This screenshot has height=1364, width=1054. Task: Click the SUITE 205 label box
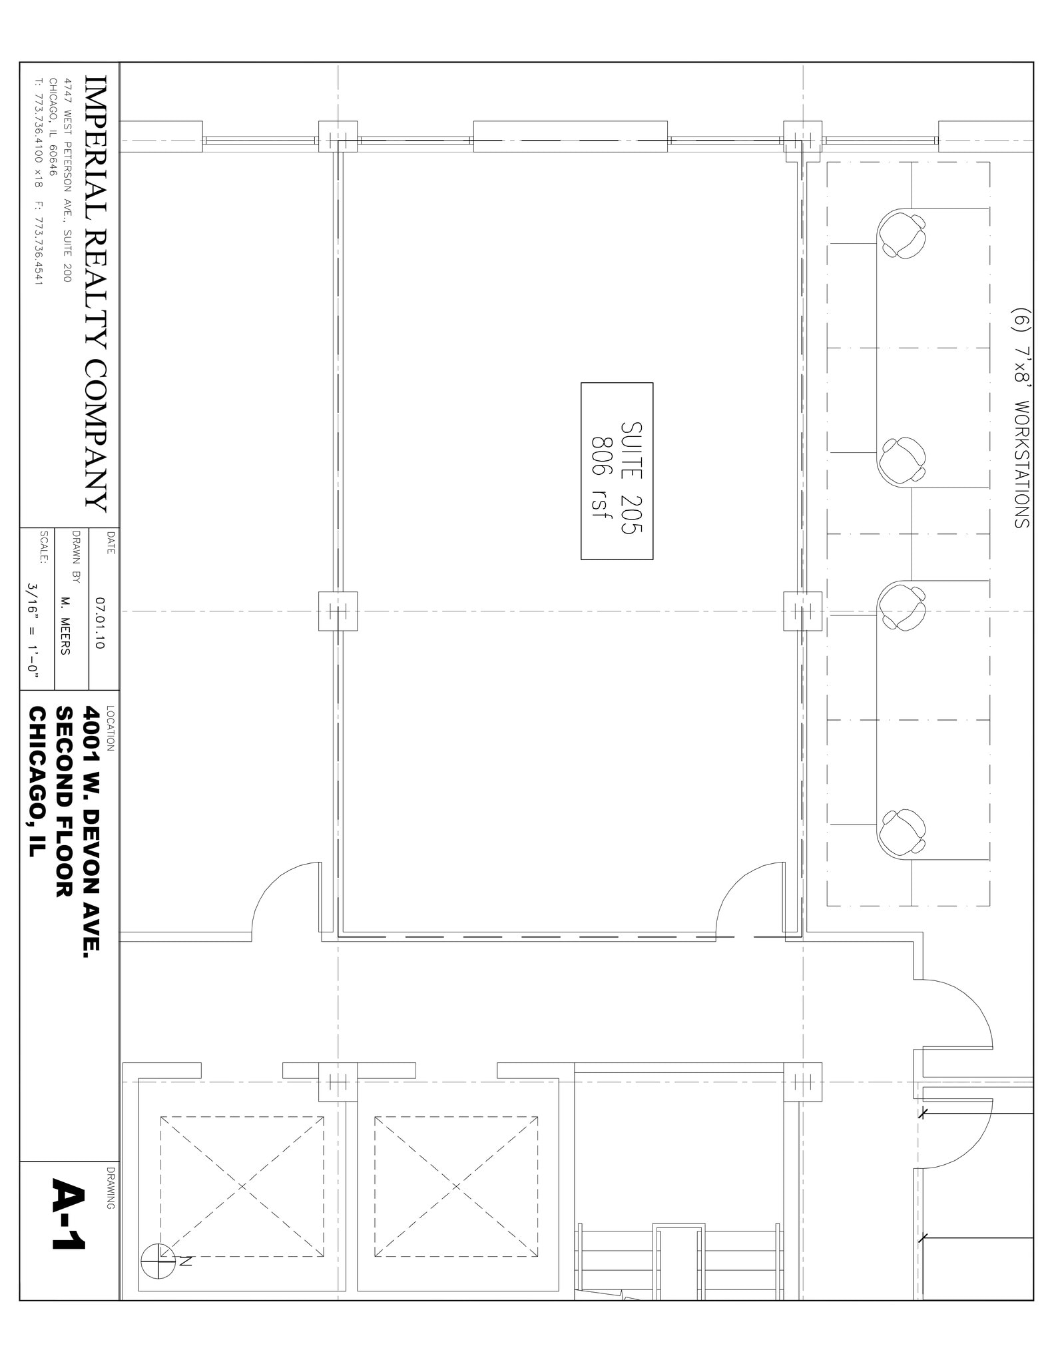[617, 471]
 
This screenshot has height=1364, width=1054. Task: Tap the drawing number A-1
[69, 1214]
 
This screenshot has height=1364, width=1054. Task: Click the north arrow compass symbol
[158, 1261]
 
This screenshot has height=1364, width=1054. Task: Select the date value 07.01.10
[101, 623]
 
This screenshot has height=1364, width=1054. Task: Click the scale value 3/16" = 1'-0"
[33, 630]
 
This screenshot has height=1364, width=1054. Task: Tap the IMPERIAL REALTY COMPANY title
[95, 293]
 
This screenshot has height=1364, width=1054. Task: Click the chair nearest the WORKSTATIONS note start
[902, 234]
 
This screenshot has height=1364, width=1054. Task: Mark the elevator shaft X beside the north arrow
[242, 1186]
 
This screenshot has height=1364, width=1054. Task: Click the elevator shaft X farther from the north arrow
[456, 1186]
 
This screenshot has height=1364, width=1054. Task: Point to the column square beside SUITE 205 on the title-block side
[338, 611]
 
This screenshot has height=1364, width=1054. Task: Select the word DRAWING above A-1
[110, 1188]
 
